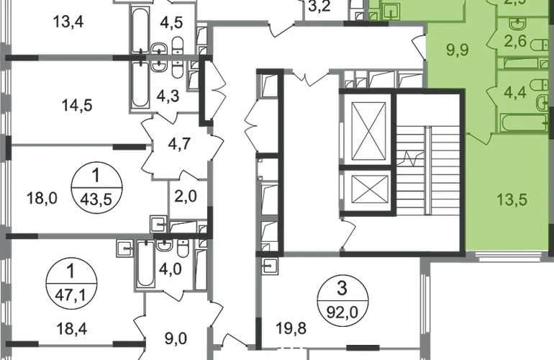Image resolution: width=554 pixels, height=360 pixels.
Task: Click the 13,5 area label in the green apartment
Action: tap(512, 199)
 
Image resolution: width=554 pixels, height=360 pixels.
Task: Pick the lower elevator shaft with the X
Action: tap(368, 189)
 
